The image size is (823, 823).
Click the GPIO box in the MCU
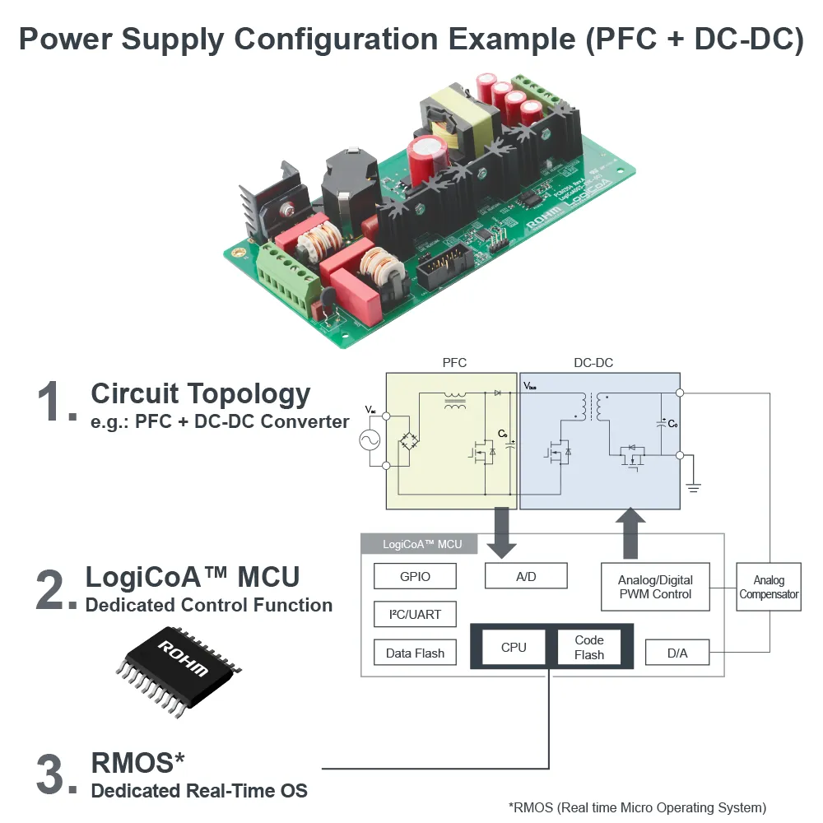pyautogui.click(x=415, y=576)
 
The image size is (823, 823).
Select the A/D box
pyautogui.click(x=526, y=576)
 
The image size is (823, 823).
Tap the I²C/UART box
pyautogui.click(x=415, y=615)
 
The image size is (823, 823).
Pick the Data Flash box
pyautogui.click(x=415, y=653)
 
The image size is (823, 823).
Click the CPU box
pyautogui.click(x=514, y=647)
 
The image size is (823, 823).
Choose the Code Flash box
pyautogui.click(x=589, y=647)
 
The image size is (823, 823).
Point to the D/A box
pyautogui.click(x=677, y=653)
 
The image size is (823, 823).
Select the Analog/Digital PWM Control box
pyautogui.click(x=655, y=587)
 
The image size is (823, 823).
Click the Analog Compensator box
pyautogui.click(x=769, y=587)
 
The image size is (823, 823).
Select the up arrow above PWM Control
pyautogui.click(x=631, y=533)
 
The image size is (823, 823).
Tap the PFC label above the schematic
pyautogui.click(x=454, y=363)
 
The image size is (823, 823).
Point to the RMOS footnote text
pyautogui.click(x=638, y=807)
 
